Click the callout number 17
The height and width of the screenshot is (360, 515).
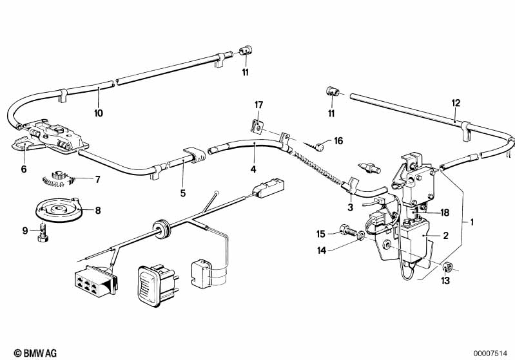click(x=259, y=105)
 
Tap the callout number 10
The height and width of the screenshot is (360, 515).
click(x=99, y=113)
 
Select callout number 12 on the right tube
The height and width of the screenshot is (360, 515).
click(x=456, y=103)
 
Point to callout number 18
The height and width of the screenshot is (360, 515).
click(x=445, y=213)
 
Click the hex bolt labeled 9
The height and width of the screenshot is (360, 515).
click(x=43, y=232)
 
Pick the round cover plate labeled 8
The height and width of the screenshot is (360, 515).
click(x=59, y=210)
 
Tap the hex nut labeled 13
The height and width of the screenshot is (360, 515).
click(x=446, y=267)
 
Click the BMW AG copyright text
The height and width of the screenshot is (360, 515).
click(x=35, y=353)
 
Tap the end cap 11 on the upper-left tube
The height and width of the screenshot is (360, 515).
click(x=245, y=50)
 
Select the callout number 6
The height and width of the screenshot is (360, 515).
click(x=24, y=169)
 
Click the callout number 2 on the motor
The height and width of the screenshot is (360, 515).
click(x=445, y=235)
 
